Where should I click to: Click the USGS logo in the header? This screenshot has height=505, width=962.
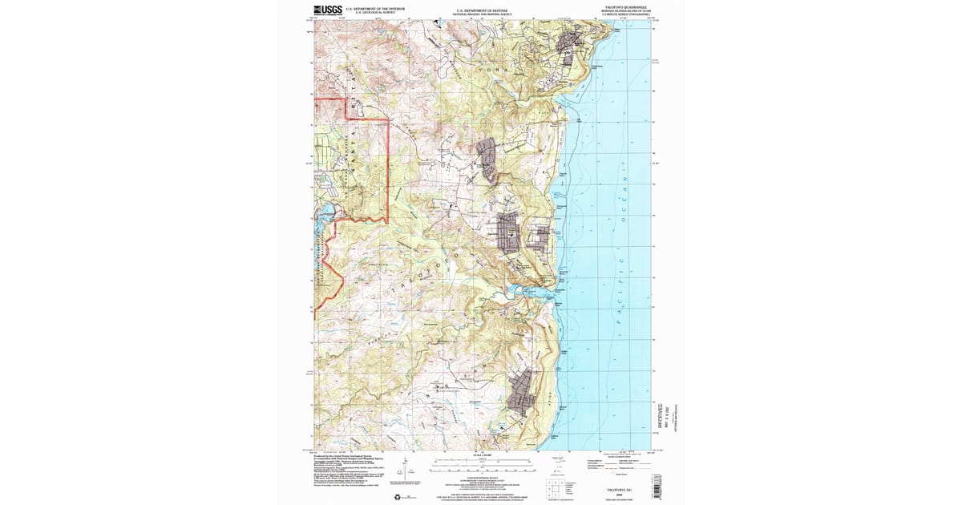(327, 10)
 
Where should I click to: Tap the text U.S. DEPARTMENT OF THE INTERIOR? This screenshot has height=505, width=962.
(378, 10)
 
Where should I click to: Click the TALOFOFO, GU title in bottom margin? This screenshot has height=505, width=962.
(608, 486)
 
